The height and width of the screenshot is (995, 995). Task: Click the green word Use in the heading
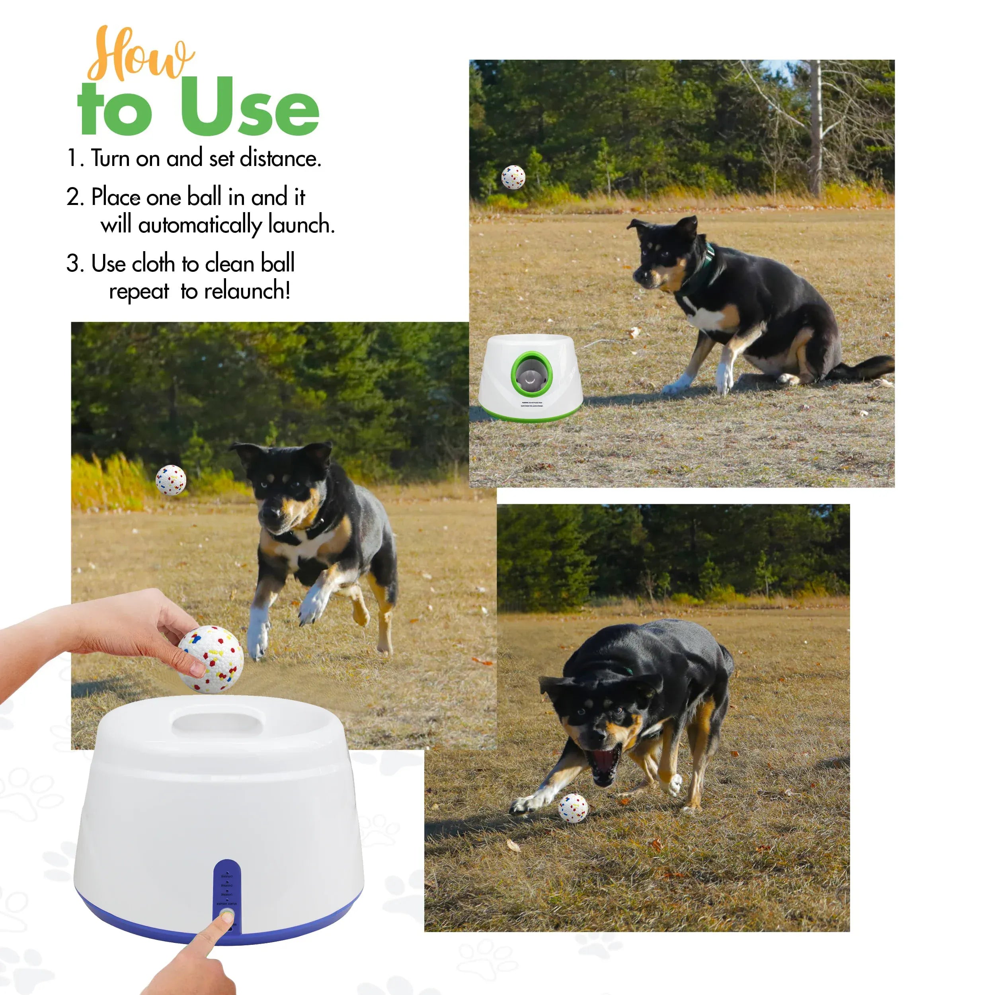250,108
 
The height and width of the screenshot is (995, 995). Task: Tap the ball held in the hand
211,659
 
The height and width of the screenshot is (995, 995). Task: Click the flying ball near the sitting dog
513,177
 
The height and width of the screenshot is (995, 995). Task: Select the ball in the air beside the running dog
171,480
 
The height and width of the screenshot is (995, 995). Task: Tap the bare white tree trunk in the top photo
815,129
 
